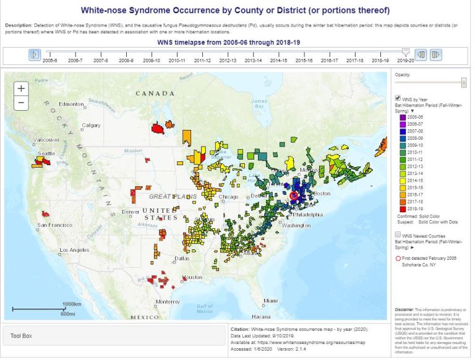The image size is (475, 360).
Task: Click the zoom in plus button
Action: pos(21,88)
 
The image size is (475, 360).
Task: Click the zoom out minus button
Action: pos(21,103)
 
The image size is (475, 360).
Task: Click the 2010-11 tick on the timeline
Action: pos(177,61)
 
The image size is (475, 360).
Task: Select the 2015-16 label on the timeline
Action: pos(304,61)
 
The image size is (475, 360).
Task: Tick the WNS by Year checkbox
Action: pos(398,98)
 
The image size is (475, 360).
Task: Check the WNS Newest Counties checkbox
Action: pos(398,234)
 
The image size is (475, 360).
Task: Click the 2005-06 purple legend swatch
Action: pos(401,116)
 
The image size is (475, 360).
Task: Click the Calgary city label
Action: pos(91,125)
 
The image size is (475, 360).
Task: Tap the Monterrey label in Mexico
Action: pos(168,301)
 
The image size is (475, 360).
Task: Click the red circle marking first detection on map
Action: pos(294,195)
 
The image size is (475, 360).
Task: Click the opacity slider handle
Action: pos(464,82)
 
